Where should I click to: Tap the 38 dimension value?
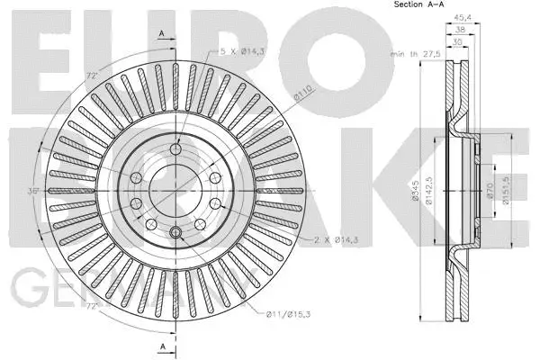[x=461, y=28]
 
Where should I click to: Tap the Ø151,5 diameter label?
[x=508, y=190]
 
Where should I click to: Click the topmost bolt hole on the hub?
[x=176, y=148]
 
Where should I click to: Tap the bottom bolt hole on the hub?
[x=176, y=235]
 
